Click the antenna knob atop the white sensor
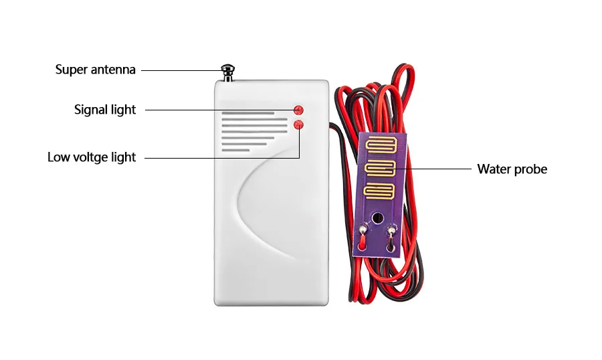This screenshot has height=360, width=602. (x=227, y=70)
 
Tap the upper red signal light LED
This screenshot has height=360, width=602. (x=298, y=110)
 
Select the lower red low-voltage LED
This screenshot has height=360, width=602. (x=298, y=124)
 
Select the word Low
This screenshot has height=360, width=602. (x=58, y=157)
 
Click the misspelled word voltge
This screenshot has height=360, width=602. (x=93, y=158)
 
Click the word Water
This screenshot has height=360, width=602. (x=493, y=169)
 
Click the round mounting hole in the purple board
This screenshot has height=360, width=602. (x=378, y=217)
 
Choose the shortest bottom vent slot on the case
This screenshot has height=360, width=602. (x=236, y=150)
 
